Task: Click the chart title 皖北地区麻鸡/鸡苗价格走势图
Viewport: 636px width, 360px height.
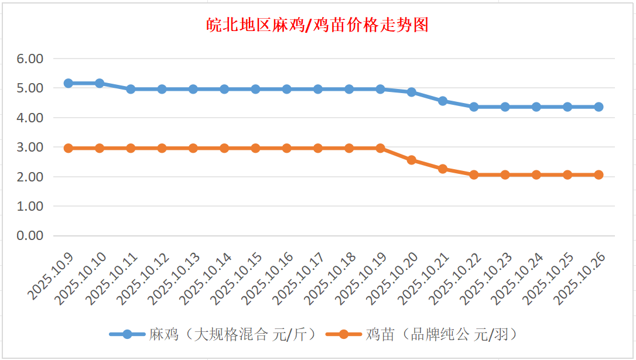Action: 317,25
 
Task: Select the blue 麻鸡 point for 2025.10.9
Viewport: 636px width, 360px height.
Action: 69,83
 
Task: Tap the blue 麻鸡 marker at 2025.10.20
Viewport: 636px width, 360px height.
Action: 412,92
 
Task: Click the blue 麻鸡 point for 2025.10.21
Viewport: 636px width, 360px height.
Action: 443,101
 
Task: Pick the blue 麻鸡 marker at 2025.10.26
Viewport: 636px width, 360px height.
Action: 599,107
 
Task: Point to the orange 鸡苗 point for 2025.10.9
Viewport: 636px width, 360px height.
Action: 69,148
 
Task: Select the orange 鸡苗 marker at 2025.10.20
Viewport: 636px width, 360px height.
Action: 412,160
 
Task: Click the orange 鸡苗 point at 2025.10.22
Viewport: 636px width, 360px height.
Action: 474,174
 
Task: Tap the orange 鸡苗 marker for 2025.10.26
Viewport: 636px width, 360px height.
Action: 599,174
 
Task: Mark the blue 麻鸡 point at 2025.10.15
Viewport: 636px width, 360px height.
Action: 255,89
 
